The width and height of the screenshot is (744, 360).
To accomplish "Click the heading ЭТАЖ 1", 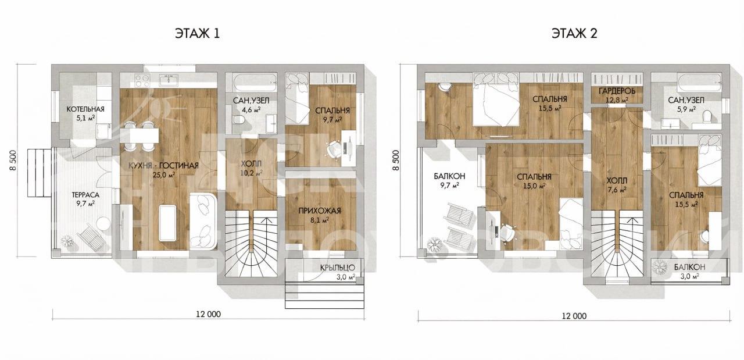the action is pos(197,34).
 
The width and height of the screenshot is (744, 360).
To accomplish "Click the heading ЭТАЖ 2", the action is pos(574,34).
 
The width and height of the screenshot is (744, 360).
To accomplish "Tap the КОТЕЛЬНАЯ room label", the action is pos(85,109).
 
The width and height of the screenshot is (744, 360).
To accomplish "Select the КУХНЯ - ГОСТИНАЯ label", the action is pos(163,166).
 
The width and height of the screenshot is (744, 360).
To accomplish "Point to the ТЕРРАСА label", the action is pos(85,195).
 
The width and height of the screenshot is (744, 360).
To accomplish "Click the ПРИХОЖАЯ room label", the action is pos(320,211).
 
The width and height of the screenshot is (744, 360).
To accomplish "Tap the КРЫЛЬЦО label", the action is pos(338,268).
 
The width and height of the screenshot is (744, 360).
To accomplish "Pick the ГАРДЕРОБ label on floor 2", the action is pos(617,91).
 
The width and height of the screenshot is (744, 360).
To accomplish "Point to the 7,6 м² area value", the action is pos(617,190).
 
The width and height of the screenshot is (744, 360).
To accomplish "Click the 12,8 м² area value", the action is pos(617,99).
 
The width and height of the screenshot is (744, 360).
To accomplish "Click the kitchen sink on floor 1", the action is pos(169,80).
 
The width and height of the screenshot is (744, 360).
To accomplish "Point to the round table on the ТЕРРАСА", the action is pos(103,223).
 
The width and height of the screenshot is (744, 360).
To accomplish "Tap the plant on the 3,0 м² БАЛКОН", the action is pos(659,268).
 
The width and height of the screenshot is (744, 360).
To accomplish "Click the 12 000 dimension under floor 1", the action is pos(208,314).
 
